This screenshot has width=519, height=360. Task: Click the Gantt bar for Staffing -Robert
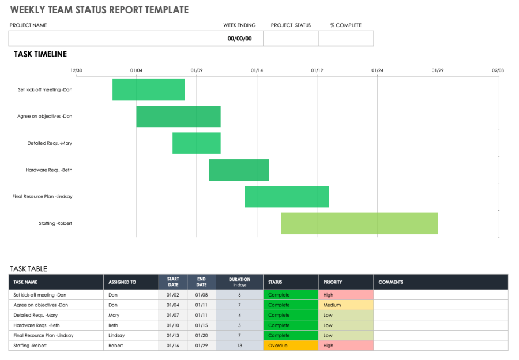[359, 223]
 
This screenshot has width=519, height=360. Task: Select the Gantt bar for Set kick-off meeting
[148, 89]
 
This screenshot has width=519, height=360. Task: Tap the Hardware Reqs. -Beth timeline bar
[239, 170]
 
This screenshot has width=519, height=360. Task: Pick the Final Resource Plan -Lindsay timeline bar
[287, 197]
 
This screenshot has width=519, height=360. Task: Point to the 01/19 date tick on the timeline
[317, 70]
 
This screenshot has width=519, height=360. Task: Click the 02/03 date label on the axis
[498, 70]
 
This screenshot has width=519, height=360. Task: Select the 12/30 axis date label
[76, 70]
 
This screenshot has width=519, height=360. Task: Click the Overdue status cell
[290, 346]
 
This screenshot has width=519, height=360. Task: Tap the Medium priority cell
[345, 305]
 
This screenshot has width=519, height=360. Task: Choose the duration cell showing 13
[239, 346]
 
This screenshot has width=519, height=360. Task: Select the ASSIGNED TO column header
[122, 282]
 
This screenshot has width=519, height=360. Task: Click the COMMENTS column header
[391, 282]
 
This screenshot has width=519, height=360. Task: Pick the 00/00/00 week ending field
[239, 39]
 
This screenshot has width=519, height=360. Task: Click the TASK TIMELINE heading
[40, 54]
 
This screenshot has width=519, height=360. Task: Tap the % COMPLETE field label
[345, 25]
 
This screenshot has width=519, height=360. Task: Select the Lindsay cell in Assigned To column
[116, 335]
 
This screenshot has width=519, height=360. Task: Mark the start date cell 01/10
[173, 325]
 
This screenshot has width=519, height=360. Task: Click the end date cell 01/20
[201, 335]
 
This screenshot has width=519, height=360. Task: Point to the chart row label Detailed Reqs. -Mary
[50, 143]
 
